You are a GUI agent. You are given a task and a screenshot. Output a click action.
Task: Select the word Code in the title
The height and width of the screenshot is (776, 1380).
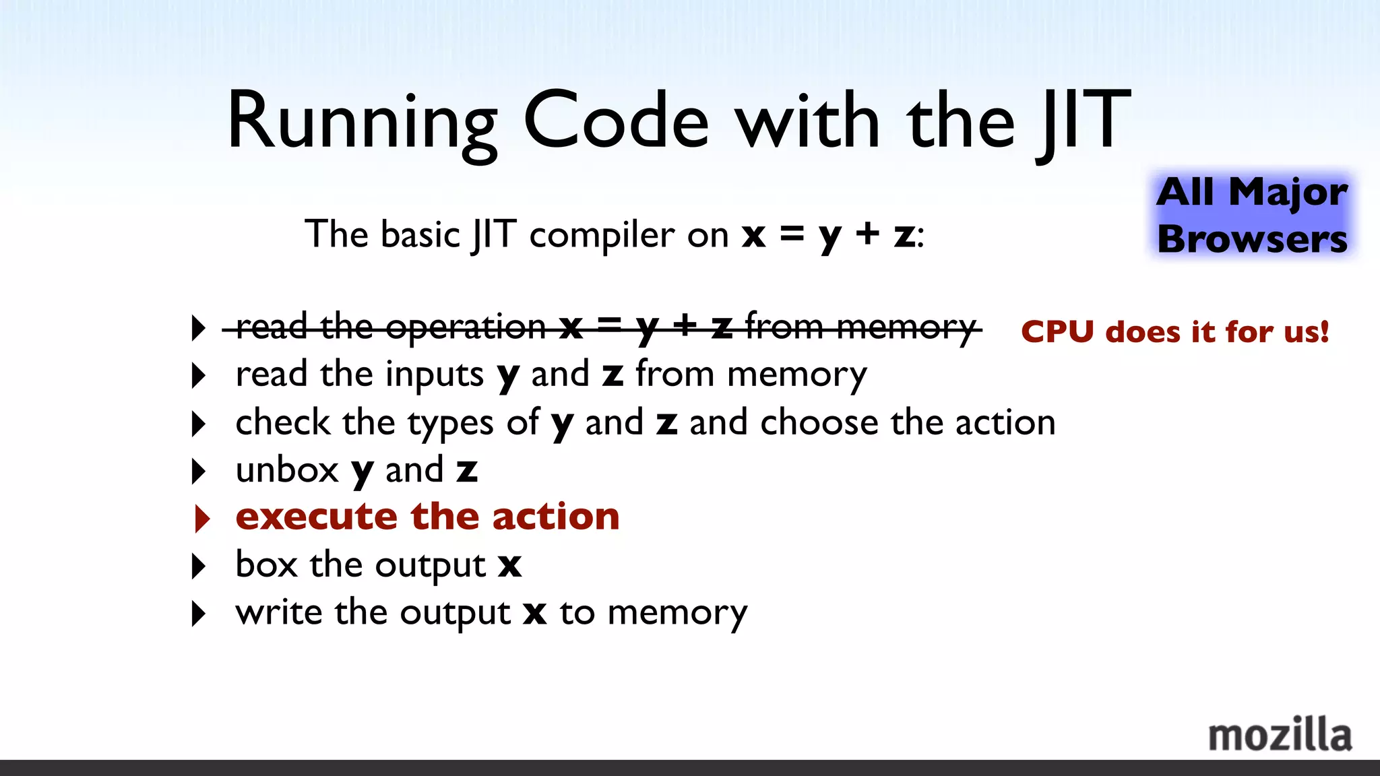(616, 121)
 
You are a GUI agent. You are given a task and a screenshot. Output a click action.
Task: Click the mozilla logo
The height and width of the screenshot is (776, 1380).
(1280, 735)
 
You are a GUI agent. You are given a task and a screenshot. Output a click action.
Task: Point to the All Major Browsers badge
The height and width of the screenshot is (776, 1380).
(1252, 216)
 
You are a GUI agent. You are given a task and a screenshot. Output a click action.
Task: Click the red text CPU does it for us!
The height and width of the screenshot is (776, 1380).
(1174, 332)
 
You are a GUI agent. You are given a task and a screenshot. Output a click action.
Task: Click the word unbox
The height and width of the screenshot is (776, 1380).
(287, 470)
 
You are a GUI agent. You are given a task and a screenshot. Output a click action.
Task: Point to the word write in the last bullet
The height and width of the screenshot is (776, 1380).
(279, 612)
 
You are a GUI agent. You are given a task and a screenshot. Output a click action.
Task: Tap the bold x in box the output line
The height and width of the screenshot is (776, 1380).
(510, 566)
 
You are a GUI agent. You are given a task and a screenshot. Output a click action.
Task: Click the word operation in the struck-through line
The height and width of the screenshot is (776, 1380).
(466, 328)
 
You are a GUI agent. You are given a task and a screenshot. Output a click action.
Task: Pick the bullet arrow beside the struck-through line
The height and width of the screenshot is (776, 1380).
(198, 328)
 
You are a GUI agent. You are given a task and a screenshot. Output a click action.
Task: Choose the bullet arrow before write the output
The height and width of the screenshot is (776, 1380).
(198, 614)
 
